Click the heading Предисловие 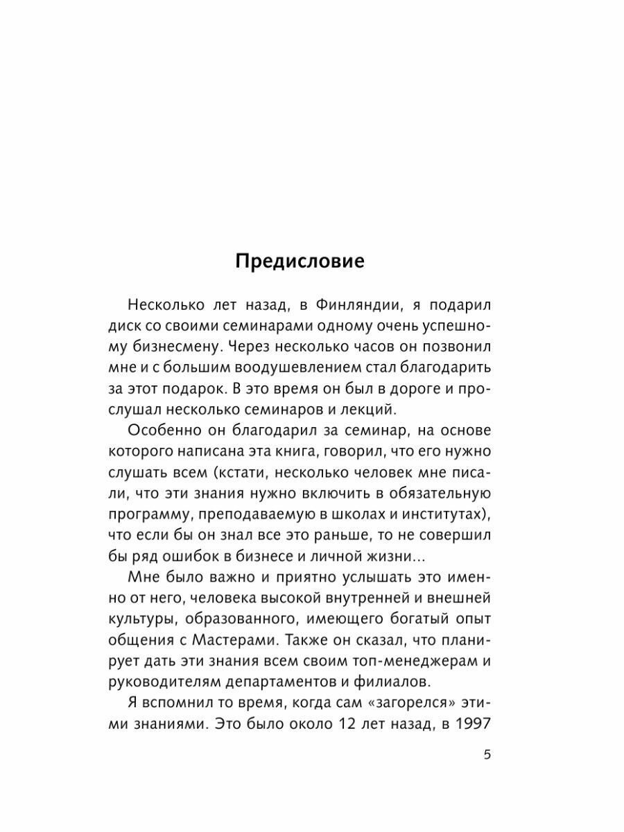pyautogui.click(x=300, y=261)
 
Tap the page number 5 pyautogui.click(x=487, y=756)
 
